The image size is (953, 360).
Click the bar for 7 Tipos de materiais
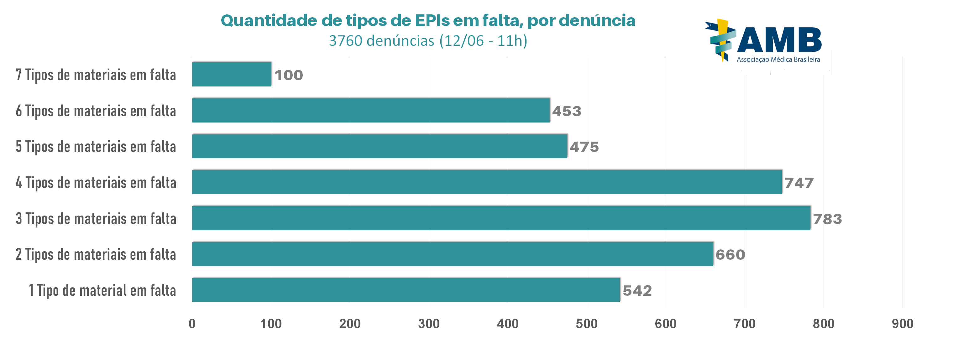(232, 74)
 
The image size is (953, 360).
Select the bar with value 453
(371, 110)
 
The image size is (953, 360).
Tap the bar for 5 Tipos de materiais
(380, 146)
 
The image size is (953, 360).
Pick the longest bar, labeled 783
(501, 218)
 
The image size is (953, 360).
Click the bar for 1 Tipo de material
(406, 290)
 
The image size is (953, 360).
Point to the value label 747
(799, 183)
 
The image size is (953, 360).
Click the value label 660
(730, 254)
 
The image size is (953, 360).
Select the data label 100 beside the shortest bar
(289, 75)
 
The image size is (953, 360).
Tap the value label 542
(637, 290)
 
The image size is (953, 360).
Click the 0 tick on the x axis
(192, 324)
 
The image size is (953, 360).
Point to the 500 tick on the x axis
(586, 324)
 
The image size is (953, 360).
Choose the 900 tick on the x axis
(902, 324)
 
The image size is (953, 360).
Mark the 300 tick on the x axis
(429, 324)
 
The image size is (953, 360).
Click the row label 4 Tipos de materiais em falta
(96, 182)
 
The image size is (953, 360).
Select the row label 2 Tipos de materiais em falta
(96, 254)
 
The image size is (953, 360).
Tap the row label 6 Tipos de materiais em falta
(96, 111)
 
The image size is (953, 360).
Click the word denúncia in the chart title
(597, 20)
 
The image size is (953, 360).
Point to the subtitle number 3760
(346, 41)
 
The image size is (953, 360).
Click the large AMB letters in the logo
(779, 40)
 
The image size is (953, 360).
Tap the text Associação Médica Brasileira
(778, 60)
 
